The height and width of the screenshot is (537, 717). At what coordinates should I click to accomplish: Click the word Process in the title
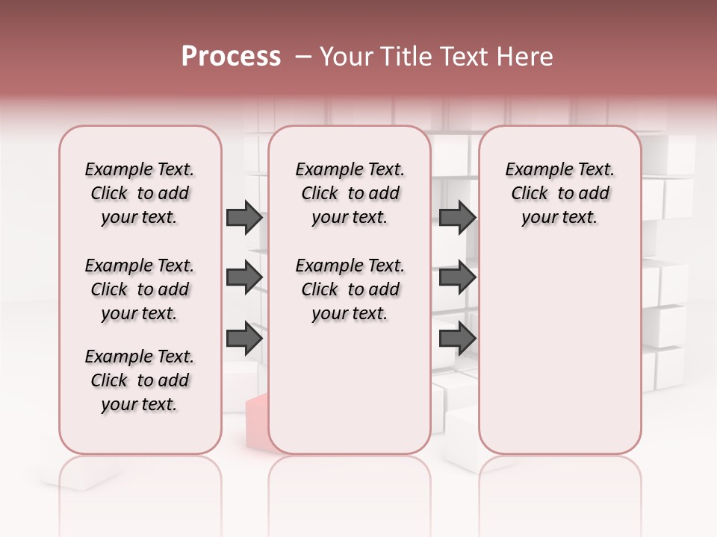click(x=231, y=57)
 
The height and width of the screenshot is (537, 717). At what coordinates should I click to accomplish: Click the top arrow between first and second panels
click(x=244, y=218)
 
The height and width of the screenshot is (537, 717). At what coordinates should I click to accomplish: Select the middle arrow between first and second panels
click(x=244, y=277)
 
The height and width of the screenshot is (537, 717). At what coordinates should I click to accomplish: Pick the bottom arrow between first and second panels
click(x=244, y=339)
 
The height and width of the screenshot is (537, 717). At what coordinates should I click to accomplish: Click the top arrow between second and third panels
click(x=457, y=218)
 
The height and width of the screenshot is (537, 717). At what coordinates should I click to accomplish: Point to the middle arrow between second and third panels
click(x=457, y=277)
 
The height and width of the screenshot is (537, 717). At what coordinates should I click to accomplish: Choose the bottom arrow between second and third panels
click(x=457, y=339)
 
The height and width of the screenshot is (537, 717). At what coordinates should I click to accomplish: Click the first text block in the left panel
click(x=140, y=193)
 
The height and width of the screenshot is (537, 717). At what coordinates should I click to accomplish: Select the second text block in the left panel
click(x=140, y=289)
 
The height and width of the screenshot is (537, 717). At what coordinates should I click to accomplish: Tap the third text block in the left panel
click(x=140, y=380)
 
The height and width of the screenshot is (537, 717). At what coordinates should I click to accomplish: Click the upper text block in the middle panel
click(x=350, y=193)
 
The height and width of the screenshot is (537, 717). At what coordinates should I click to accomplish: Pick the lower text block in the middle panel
click(x=350, y=289)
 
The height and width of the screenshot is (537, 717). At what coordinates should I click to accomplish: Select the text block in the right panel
click(x=559, y=193)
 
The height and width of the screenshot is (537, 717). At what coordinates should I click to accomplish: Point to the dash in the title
click(x=303, y=57)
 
